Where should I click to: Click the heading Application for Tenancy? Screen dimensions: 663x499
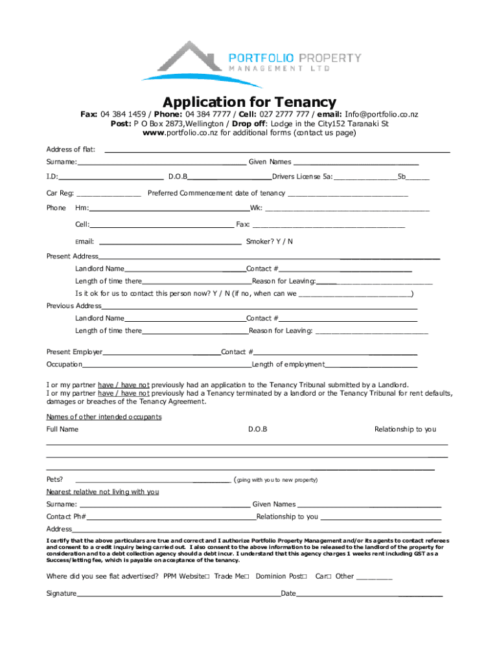pyautogui.click(x=250, y=102)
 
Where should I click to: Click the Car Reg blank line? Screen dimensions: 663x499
pyautogui.click(x=108, y=193)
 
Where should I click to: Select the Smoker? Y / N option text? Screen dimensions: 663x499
pyautogui.click(x=270, y=242)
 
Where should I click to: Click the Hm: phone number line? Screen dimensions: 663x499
pyautogui.click(x=169, y=208)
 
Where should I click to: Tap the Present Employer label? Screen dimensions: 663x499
pyautogui.click(x=74, y=352)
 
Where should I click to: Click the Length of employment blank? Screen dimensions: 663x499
pyautogui.click(x=371, y=365)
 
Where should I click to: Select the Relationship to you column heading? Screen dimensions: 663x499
pyautogui.click(x=405, y=429)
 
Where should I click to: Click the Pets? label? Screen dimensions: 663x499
pyautogui.click(x=54, y=480)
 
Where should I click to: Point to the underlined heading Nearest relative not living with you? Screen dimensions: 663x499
pyautogui.click(x=102, y=492)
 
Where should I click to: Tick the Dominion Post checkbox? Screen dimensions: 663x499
pyautogui.click(x=305, y=576)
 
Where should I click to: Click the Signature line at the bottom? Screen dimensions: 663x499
pyautogui.click(x=178, y=593)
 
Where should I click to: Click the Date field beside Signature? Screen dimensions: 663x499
pyautogui.click(x=369, y=593)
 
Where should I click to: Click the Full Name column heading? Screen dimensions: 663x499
pyautogui.click(x=62, y=429)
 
